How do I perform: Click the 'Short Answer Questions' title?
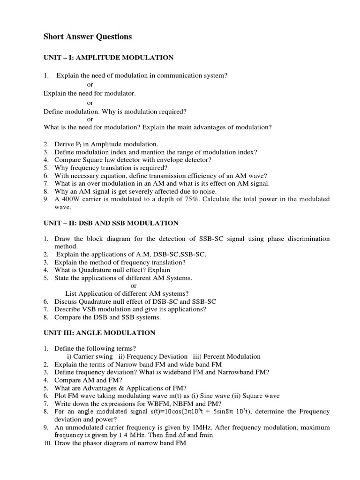coord(88,37)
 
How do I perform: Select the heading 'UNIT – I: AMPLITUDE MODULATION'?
coord(108,58)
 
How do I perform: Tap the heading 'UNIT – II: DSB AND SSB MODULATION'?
coord(111,223)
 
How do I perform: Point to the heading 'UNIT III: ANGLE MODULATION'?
coord(99,333)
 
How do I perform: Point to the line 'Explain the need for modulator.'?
coord(90,93)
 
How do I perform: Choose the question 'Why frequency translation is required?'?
coord(111,167)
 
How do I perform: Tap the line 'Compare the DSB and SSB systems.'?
coord(107,317)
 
